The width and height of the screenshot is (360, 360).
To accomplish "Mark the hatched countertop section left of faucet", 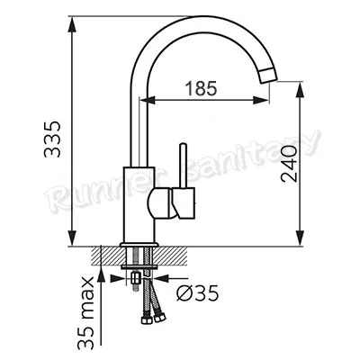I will tap(105, 256).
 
